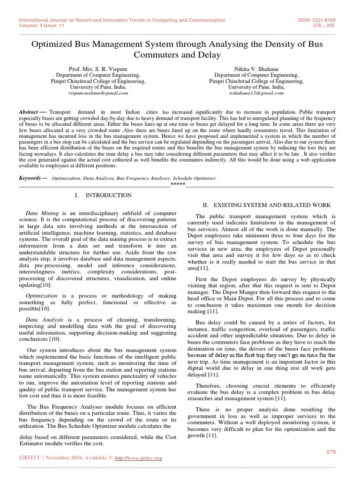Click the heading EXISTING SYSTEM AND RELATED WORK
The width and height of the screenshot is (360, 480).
tap(267, 205)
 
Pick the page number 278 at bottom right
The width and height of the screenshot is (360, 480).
tap(331, 451)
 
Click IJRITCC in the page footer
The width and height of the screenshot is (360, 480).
tap(30, 457)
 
